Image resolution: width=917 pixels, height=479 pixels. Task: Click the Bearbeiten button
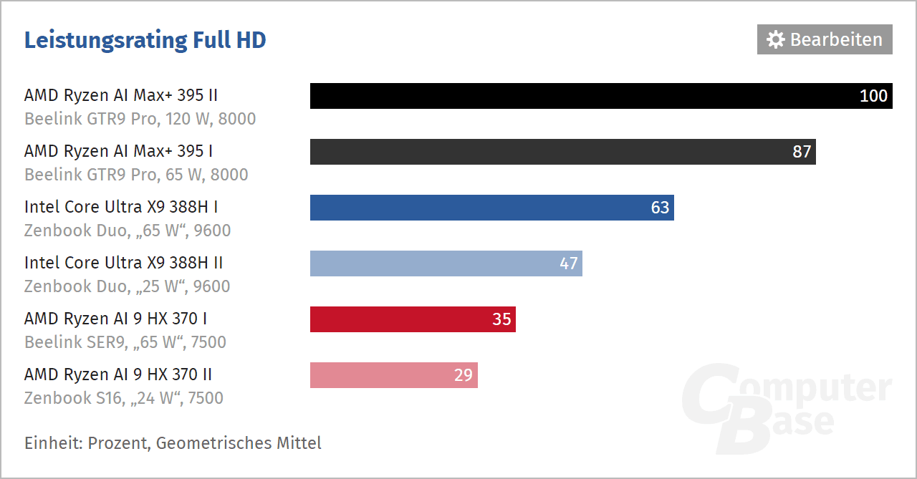825,39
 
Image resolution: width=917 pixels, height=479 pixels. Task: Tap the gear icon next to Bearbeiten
775,39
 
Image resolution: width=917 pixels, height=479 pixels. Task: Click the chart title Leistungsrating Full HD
145,40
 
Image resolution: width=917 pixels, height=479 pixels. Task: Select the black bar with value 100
573,96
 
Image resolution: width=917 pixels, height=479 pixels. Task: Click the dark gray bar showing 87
544,152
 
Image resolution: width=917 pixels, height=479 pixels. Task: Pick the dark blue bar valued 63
473,208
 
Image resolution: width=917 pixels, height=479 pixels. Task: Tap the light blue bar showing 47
430,263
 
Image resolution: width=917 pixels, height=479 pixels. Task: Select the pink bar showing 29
380,375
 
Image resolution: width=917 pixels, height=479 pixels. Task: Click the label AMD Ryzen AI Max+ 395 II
121,95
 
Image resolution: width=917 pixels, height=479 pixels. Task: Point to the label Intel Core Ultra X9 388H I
121,207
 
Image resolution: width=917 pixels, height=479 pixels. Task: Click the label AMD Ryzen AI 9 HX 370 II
118,374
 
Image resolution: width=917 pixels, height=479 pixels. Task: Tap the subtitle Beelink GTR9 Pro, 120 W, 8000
140,119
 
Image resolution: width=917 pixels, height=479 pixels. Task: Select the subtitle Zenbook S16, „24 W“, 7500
124,398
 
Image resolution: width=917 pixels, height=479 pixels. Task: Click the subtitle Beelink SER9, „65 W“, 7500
125,342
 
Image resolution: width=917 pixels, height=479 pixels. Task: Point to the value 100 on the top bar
873,96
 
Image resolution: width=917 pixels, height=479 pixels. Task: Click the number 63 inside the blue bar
660,208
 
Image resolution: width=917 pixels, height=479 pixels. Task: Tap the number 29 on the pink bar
464,375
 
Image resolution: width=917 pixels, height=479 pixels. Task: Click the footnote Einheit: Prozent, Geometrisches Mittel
173,443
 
